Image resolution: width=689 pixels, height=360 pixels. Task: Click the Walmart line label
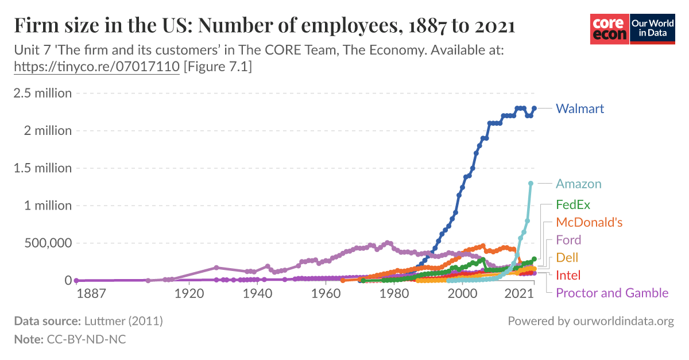[x=580, y=109]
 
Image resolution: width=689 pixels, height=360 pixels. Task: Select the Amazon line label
[x=578, y=184]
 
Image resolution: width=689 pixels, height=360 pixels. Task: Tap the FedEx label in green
[x=573, y=204]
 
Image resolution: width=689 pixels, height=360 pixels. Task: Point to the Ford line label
[x=568, y=240]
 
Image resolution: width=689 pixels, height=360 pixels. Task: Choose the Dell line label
[x=567, y=258]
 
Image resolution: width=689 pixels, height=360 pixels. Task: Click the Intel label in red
[x=568, y=275]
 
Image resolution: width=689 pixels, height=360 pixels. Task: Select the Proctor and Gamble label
[x=612, y=293]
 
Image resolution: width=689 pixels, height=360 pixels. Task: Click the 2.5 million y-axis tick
[x=42, y=93]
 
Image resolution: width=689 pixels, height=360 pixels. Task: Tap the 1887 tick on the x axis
[x=91, y=294]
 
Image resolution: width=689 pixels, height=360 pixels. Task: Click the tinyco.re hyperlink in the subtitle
[x=96, y=67]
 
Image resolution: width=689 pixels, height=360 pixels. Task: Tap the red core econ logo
[x=610, y=29]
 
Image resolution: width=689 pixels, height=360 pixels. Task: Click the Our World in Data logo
[x=653, y=29]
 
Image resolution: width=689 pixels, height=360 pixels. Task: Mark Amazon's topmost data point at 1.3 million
[x=531, y=183]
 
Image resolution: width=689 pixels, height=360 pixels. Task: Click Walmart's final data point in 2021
[x=535, y=108]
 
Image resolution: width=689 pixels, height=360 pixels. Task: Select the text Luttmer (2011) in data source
[x=124, y=321]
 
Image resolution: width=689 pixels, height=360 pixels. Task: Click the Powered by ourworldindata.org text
[x=590, y=321]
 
